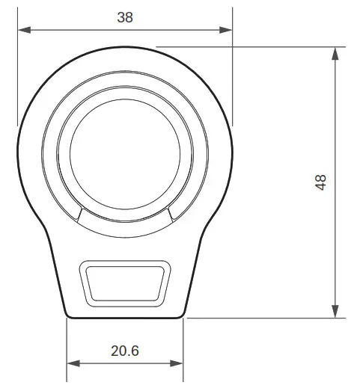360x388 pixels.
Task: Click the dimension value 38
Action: (x=125, y=17)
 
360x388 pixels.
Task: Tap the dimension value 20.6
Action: (x=126, y=350)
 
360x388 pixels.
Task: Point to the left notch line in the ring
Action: (x=77, y=215)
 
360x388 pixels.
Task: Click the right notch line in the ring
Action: (x=171, y=215)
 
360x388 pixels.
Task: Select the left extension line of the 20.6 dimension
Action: (x=67, y=344)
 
